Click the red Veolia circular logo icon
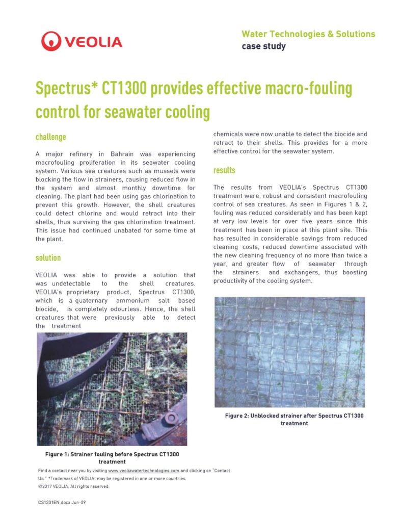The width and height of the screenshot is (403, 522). [51, 40]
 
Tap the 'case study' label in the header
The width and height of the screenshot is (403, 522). [263, 46]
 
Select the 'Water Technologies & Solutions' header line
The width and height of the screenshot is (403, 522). [308, 34]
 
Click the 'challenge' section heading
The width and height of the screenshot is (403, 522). [51, 137]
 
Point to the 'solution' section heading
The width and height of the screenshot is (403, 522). [48, 258]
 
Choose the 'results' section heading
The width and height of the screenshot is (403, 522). [224, 170]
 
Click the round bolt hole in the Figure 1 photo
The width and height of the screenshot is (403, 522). [172, 419]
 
